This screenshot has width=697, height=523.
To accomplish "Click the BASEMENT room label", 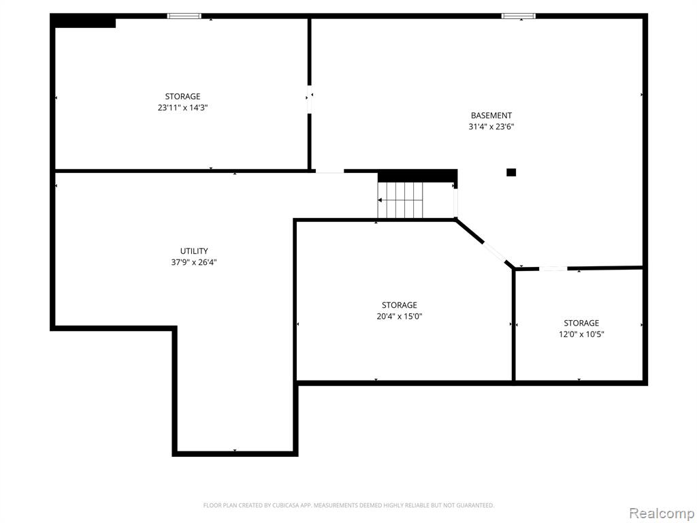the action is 491,116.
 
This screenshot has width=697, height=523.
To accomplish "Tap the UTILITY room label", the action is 194,251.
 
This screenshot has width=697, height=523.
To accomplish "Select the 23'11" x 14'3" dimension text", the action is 182,108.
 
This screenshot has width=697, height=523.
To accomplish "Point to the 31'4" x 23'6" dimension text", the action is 491,127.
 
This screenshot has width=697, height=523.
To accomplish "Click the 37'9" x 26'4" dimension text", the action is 194,262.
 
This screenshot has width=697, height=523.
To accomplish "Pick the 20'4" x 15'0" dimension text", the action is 399,317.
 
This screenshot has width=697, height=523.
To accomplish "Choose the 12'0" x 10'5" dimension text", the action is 581,334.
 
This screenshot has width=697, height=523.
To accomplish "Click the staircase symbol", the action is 400,200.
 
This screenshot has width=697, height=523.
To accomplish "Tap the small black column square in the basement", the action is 511,172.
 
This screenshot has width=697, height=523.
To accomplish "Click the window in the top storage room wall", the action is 184,16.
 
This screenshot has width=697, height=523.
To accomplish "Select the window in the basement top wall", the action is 518,16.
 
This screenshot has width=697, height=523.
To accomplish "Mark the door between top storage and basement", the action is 310,99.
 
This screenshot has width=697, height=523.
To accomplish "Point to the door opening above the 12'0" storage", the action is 553,268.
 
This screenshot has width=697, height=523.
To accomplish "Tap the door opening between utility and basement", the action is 330,171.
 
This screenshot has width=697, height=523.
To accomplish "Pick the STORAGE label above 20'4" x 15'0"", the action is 399,305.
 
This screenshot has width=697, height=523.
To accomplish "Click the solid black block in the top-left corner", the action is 83,21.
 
